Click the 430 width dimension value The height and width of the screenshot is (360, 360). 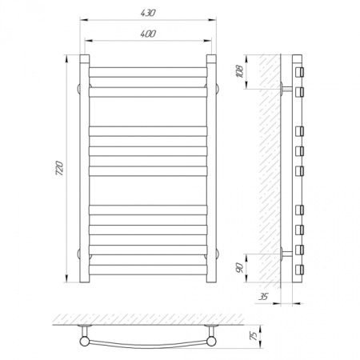(148, 13)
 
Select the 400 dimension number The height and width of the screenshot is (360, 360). (148, 34)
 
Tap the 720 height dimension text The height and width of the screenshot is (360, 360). (60, 168)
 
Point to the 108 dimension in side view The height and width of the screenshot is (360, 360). (240, 71)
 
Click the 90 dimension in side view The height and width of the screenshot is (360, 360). (240, 268)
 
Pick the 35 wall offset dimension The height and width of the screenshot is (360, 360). (263, 297)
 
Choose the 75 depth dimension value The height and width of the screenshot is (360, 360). (254, 336)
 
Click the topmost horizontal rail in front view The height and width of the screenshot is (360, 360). (148, 72)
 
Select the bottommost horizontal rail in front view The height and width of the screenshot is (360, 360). (148, 270)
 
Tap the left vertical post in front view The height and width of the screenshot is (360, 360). (85, 169)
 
